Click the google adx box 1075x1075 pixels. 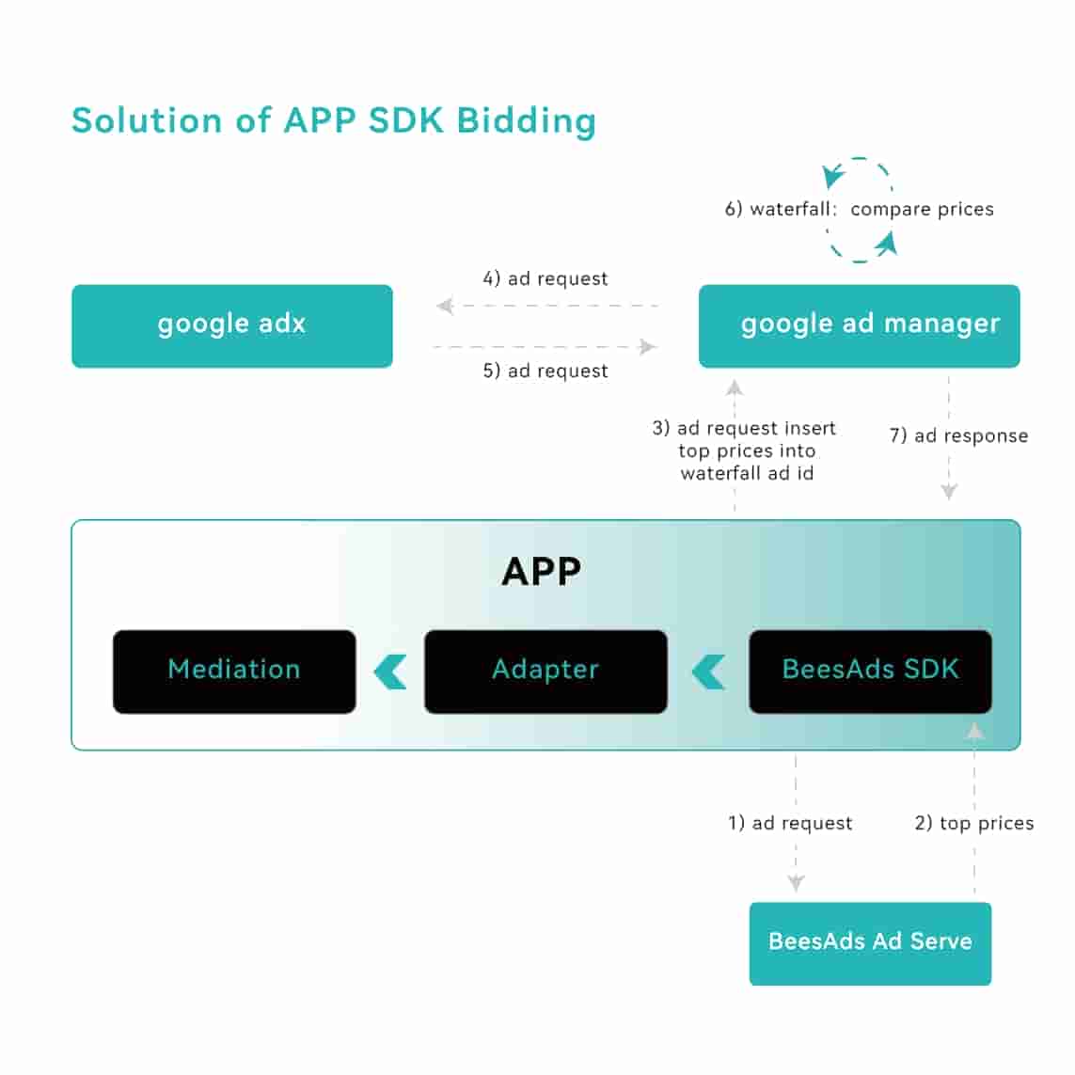(231, 325)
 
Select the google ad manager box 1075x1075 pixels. (859, 325)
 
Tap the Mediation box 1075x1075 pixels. (234, 671)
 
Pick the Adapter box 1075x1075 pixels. (545, 671)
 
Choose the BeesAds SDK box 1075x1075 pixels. (870, 671)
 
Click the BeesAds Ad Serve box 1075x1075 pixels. (870, 943)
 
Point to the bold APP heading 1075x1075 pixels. (541, 572)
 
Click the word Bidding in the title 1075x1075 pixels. (527, 121)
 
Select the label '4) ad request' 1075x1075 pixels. (545, 278)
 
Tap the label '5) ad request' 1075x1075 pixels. (545, 371)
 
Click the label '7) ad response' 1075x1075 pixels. (958, 435)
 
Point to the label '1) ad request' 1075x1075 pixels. (790, 823)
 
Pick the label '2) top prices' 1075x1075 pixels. (973, 823)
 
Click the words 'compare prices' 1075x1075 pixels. (922, 209)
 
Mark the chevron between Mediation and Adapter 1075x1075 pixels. (390, 672)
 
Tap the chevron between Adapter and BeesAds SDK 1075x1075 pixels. (708, 672)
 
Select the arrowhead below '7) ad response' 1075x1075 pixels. (949, 491)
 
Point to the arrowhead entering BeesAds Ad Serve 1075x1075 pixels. (796, 883)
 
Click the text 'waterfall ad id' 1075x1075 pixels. (747, 473)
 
